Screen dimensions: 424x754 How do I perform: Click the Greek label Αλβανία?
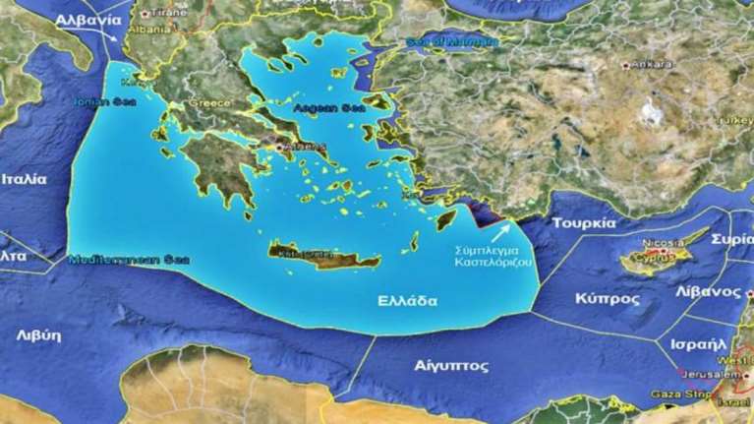tap(88, 20)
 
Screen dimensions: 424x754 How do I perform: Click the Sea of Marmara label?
tap(451, 42)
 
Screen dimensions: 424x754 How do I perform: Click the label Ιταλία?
tap(24, 180)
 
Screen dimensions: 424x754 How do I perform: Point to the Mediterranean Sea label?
tap(128, 260)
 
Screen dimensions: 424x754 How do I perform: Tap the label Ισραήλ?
tap(700, 344)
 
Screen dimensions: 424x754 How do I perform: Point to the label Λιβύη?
tap(39, 334)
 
